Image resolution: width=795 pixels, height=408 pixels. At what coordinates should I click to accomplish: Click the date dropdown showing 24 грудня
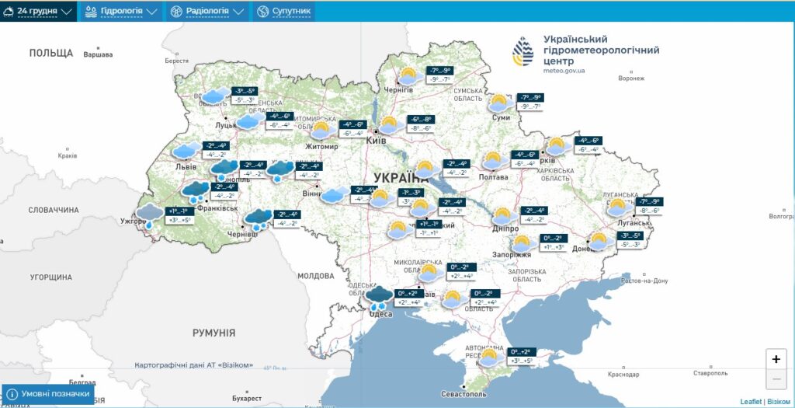(x=38, y=12)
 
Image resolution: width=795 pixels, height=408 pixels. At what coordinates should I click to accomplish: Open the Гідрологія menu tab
(x=120, y=12)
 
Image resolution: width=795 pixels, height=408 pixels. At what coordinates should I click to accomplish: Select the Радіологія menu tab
(x=207, y=12)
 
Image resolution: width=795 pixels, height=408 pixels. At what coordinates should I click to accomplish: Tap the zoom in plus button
(x=776, y=359)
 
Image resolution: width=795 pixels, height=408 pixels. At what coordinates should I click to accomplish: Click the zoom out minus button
(x=776, y=379)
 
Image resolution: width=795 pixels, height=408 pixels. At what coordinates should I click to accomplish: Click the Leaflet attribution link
(x=751, y=402)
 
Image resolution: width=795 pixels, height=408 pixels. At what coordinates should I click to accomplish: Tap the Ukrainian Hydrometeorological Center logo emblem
(x=522, y=52)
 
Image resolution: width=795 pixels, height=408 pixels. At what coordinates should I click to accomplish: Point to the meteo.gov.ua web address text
(x=564, y=71)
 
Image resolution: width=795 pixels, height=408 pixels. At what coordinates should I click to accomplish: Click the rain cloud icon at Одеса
(x=380, y=298)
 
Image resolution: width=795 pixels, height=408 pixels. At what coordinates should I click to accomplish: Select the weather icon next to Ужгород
(x=149, y=214)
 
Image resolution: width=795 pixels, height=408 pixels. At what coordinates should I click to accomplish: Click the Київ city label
(x=376, y=141)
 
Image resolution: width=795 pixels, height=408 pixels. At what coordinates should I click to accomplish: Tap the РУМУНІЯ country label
(x=214, y=333)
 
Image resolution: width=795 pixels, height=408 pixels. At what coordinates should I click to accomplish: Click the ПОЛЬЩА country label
(x=51, y=53)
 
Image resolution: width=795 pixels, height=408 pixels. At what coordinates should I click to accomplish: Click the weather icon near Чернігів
(x=408, y=76)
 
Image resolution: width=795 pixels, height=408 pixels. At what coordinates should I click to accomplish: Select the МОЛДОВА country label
(x=315, y=276)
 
